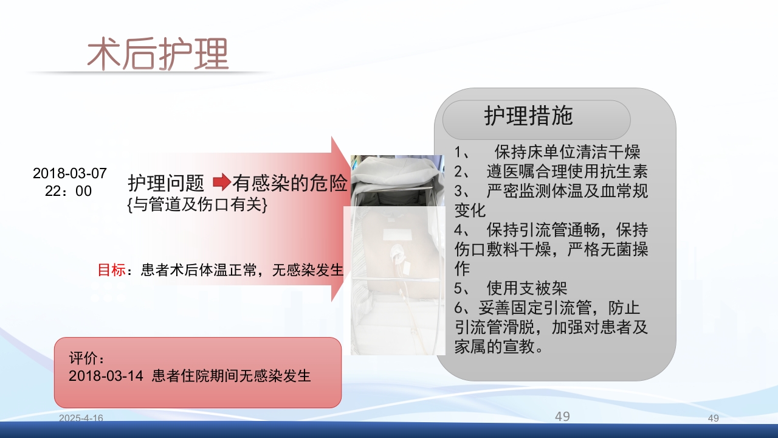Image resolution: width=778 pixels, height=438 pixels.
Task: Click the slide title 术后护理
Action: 157,54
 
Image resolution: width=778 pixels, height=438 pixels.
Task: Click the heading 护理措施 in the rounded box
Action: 528,116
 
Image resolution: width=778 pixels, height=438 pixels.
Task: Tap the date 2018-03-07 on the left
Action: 69,173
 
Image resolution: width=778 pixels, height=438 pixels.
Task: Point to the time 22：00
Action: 68,191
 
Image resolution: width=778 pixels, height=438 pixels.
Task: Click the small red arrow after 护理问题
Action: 222,182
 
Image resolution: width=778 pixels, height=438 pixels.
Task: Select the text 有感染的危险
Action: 290,182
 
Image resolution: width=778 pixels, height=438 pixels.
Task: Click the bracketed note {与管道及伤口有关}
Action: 198,205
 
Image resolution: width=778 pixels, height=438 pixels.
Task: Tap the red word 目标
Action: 111,269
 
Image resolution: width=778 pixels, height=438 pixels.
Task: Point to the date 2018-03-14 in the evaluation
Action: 106,375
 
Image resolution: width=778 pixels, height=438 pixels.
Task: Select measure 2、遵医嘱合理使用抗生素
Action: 551,171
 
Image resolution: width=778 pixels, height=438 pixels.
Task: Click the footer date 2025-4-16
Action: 81,418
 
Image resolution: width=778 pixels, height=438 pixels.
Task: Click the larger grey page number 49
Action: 562,416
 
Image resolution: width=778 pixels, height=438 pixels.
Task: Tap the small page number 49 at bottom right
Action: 714,418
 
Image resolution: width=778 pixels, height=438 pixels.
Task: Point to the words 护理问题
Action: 166,182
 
